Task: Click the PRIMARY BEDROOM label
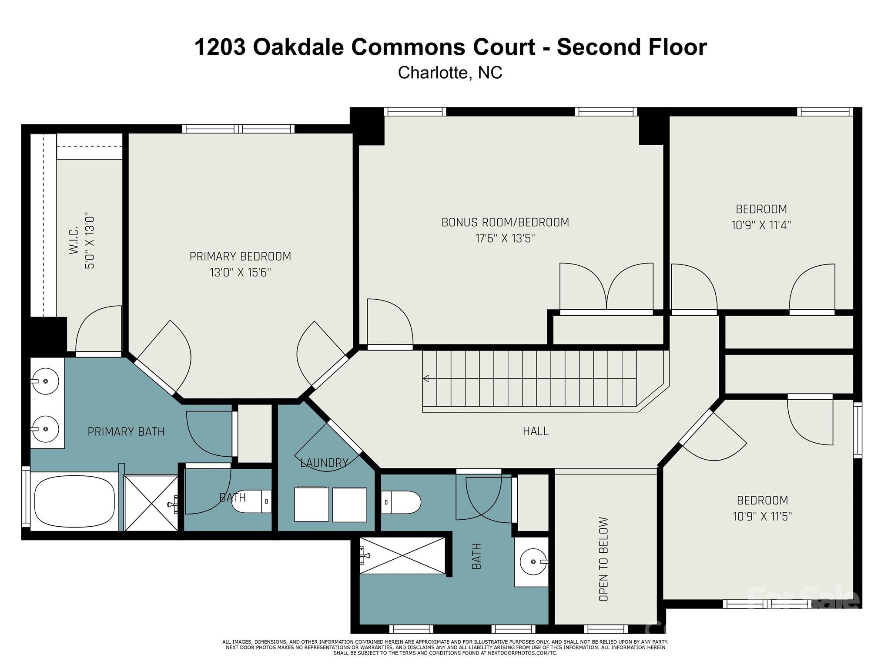(x=240, y=256)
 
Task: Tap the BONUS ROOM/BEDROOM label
(x=505, y=222)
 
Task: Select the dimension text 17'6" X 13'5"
(x=505, y=238)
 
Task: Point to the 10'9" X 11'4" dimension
(x=761, y=225)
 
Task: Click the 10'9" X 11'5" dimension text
(x=762, y=516)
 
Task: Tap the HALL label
(x=536, y=431)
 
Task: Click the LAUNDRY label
(x=325, y=463)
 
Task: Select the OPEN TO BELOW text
(x=603, y=559)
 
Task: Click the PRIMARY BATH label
(x=126, y=431)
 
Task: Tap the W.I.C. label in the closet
(x=73, y=240)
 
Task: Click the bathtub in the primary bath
(x=74, y=502)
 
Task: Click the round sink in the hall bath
(x=534, y=561)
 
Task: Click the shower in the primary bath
(x=151, y=503)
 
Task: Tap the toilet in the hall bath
(x=401, y=502)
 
